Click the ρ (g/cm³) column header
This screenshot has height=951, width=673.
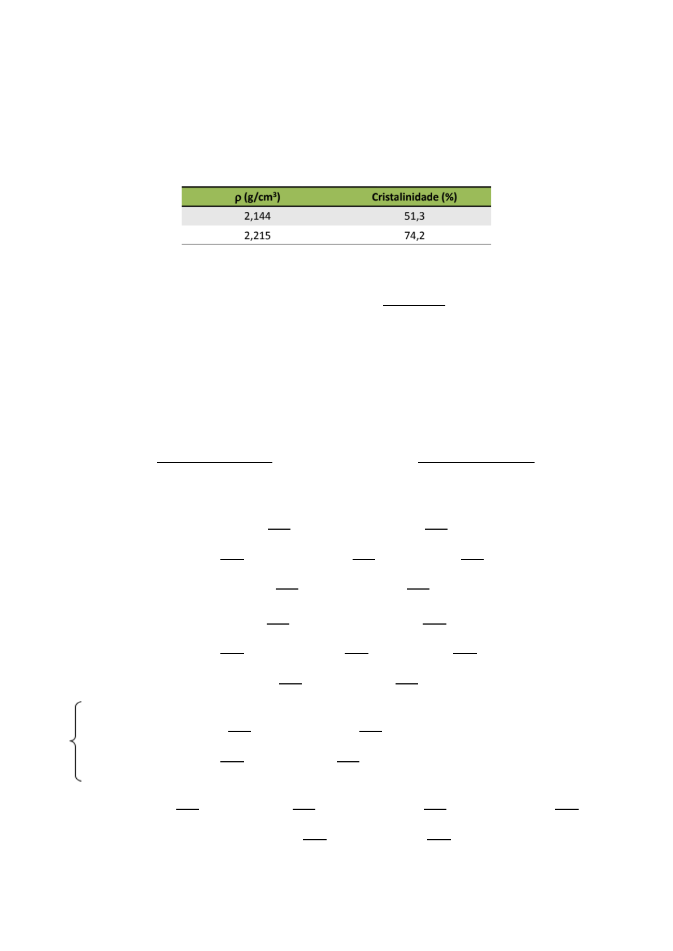click(258, 197)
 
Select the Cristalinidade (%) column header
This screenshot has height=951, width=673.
click(414, 197)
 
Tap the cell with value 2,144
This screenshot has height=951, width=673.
click(258, 216)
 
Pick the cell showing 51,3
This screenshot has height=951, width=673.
click(414, 216)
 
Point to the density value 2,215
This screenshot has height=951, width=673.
click(258, 235)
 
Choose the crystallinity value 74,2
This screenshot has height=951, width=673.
click(414, 235)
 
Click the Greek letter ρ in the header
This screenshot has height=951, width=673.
click(238, 198)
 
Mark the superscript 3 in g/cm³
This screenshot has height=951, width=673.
click(275, 194)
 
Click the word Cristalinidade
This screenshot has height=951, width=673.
click(405, 197)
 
